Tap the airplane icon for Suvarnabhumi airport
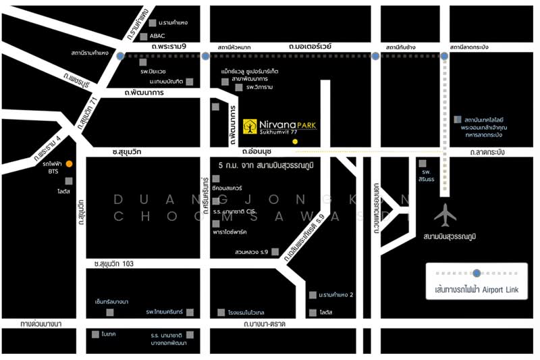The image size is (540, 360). coord(446,215)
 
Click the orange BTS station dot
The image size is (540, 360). coord(69,163)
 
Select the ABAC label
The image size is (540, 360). coord(157,36)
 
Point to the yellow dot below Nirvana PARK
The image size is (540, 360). coord(294,142)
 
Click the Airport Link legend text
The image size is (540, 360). coord(477,290)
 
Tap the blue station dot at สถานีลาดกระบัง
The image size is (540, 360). coord(444,57)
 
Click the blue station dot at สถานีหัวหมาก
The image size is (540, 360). coord(205,57)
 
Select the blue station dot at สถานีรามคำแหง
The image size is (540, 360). coord(120,57)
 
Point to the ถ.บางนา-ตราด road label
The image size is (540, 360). coord(265,324)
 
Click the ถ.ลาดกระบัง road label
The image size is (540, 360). coord(487,153)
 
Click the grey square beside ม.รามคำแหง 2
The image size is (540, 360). coord(313,295)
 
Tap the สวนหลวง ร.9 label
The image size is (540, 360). coord(252,252)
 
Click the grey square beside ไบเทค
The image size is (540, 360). coord(95,334)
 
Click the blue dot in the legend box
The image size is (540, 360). coord(477,273)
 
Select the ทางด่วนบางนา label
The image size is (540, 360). coord(41,324)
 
